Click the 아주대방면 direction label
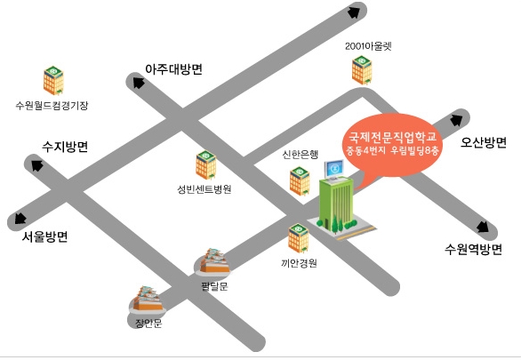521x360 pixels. pyautogui.click(x=173, y=69)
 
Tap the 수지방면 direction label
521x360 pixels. pyautogui.click(x=65, y=147)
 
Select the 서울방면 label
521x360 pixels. pyautogui.click(x=44, y=236)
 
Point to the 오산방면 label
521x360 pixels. pyautogui.click(x=484, y=142)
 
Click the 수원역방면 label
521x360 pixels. pyautogui.click(x=473, y=249)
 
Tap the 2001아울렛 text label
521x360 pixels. pyautogui.click(x=368, y=46)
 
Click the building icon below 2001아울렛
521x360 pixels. pyautogui.click(x=362, y=70)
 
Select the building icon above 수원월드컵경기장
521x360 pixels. pyautogui.click(x=53, y=80)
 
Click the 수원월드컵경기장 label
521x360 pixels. pyautogui.click(x=52, y=106)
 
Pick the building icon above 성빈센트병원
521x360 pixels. pyautogui.click(x=206, y=164)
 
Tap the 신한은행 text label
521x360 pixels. pyautogui.click(x=300, y=155)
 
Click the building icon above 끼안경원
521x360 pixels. pyautogui.click(x=299, y=238)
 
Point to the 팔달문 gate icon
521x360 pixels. pyautogui.click(x=212, y=262)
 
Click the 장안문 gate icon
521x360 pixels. pyautogui.click(x=148, y=300)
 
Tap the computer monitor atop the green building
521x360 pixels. pyautogui.click(x=334, y=170)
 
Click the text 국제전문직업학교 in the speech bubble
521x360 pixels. pyautogui.click(x=392, y=137)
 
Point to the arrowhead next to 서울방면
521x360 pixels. pyautogui.click(x=20, y=218)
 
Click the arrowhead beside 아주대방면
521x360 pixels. pyautogui.click(x=139, y=82)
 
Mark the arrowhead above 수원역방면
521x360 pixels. pyautogui.click(x=483, y=228)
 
